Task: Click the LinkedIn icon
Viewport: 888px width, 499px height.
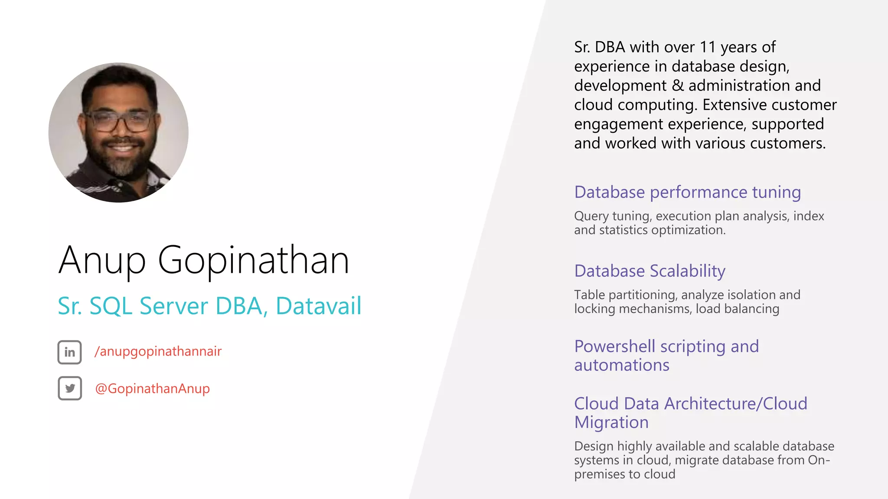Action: click(69, 352)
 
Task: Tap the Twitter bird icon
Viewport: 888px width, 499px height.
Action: click(69, 388)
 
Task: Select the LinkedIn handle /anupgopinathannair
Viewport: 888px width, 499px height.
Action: click(158, 351)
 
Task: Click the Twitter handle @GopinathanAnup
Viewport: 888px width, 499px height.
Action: click(152, 389)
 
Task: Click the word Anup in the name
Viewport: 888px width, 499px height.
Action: click(102, 261)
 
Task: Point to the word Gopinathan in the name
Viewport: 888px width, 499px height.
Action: click(253, 261)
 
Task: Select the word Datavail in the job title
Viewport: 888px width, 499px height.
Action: click(318, 306)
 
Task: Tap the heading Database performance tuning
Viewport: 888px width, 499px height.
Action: click(687, 192)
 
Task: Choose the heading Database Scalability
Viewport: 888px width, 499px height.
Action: click(650, 271)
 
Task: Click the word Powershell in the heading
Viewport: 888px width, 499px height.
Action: click(614, 347)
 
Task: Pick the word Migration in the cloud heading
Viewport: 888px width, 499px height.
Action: click(611, 422)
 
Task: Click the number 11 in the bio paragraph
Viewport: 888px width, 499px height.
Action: click(707, 47)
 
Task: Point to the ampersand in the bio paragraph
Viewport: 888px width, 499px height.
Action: click(677, 85)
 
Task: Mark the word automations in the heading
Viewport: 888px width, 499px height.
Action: click(621, 366)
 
